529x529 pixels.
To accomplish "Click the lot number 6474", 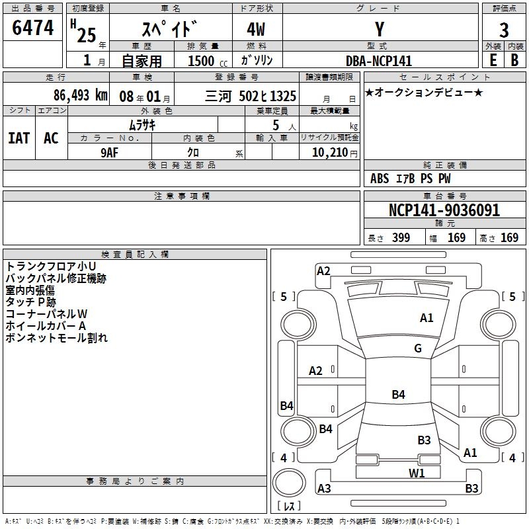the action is click(33, 28).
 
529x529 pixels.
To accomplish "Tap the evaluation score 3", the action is click(504, 30).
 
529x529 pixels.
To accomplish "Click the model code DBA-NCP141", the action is click(379, 61).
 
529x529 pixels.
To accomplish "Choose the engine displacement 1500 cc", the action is click(202, 61).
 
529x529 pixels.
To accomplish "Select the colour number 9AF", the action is click(109, 151).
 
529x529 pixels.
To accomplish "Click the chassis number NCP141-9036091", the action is click(444, 210).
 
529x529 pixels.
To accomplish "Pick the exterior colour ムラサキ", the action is click(142, 124).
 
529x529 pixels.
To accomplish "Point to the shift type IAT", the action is click(19, 138).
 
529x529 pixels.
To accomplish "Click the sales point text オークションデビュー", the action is click(424, 92).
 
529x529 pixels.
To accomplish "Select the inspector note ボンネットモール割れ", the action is click(56, 338).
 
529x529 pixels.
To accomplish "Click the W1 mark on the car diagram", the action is click(416, 473).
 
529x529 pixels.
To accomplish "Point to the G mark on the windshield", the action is click(418, 348).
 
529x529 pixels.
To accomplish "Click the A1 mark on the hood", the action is click(427, 318).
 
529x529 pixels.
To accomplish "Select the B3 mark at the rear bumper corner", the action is click(471, 489).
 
